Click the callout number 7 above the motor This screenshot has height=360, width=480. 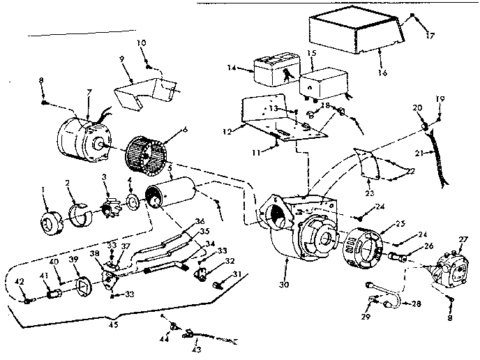(x=89, y=93)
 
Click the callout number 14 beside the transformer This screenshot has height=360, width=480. (x=233, y=68)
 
